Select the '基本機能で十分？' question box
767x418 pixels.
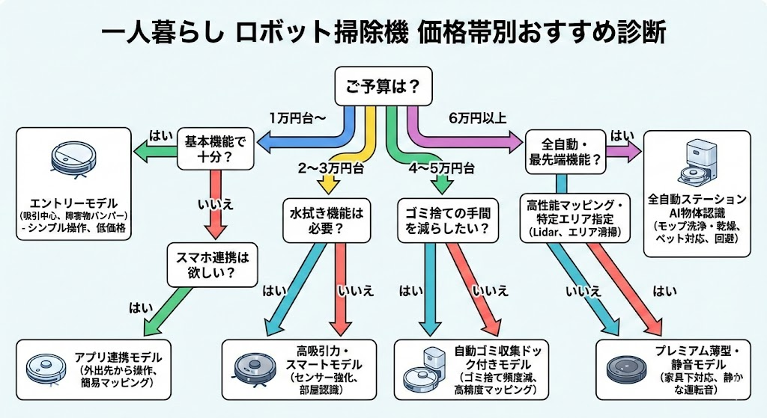click(x=216, y=148)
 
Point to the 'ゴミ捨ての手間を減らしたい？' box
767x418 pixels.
click(x=447, y=221)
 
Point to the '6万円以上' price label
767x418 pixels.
click(x=478, y=118)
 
